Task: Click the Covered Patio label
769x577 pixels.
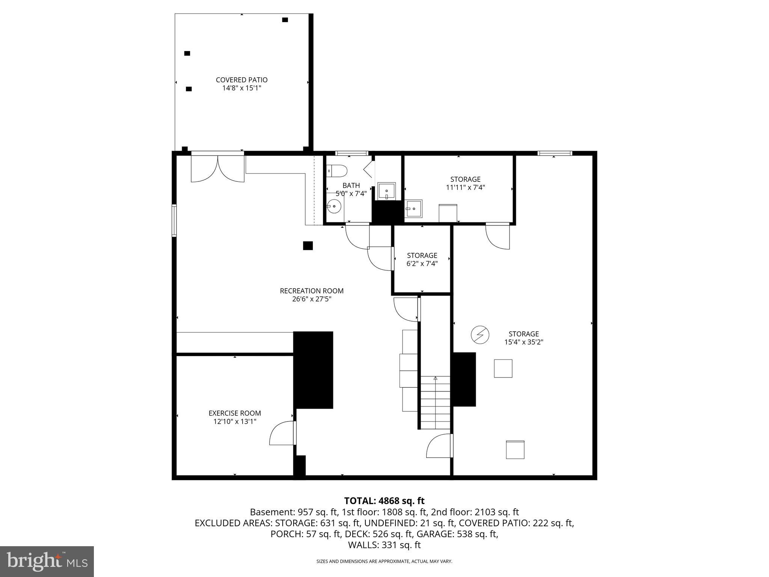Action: [241, 80]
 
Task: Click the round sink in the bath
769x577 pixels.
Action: [334, 206]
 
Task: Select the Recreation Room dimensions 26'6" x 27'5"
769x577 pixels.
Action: [312, 299]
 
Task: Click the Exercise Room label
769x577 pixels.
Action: [235, 413]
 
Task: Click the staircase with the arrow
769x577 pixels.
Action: [435, 402]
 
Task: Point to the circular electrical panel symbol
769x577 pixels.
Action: [480, 334]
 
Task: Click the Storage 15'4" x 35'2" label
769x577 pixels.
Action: [523, 334]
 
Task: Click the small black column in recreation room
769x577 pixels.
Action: [308, 246]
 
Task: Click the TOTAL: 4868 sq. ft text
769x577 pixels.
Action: [384, 501]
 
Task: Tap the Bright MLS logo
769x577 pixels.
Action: [47, 561]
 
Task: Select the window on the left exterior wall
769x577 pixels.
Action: [174, 220]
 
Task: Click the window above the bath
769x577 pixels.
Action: [351, 153]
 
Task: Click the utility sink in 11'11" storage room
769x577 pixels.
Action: [413, 208]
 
